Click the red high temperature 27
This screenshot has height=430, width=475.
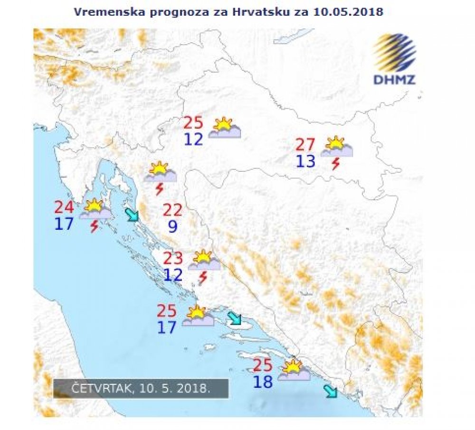[x=305, y=144]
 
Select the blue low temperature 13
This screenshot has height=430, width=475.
[x=305, y=161]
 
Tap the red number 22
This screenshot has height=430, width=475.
[x=173, y=209]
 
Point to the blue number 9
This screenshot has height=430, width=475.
[x=173, y=226]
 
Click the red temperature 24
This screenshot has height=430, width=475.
[x=64, y=207]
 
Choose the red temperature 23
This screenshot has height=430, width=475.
[x=173, y=258]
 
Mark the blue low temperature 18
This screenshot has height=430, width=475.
[x=263, y=382]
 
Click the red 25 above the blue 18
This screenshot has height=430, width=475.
[x=263, y=365]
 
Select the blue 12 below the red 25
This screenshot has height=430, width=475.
[x=193, y=140]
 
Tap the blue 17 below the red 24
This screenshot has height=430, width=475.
[x=64, y=224]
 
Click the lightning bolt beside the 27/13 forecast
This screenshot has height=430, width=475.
[x=336, y=164]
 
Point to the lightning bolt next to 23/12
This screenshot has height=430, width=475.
[x=203, y=278]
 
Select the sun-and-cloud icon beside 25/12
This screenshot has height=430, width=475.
[x=225, y=128]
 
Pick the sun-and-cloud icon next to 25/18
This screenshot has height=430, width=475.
[x=294, y=371]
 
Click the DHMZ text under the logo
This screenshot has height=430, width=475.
[x=394, y=79]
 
